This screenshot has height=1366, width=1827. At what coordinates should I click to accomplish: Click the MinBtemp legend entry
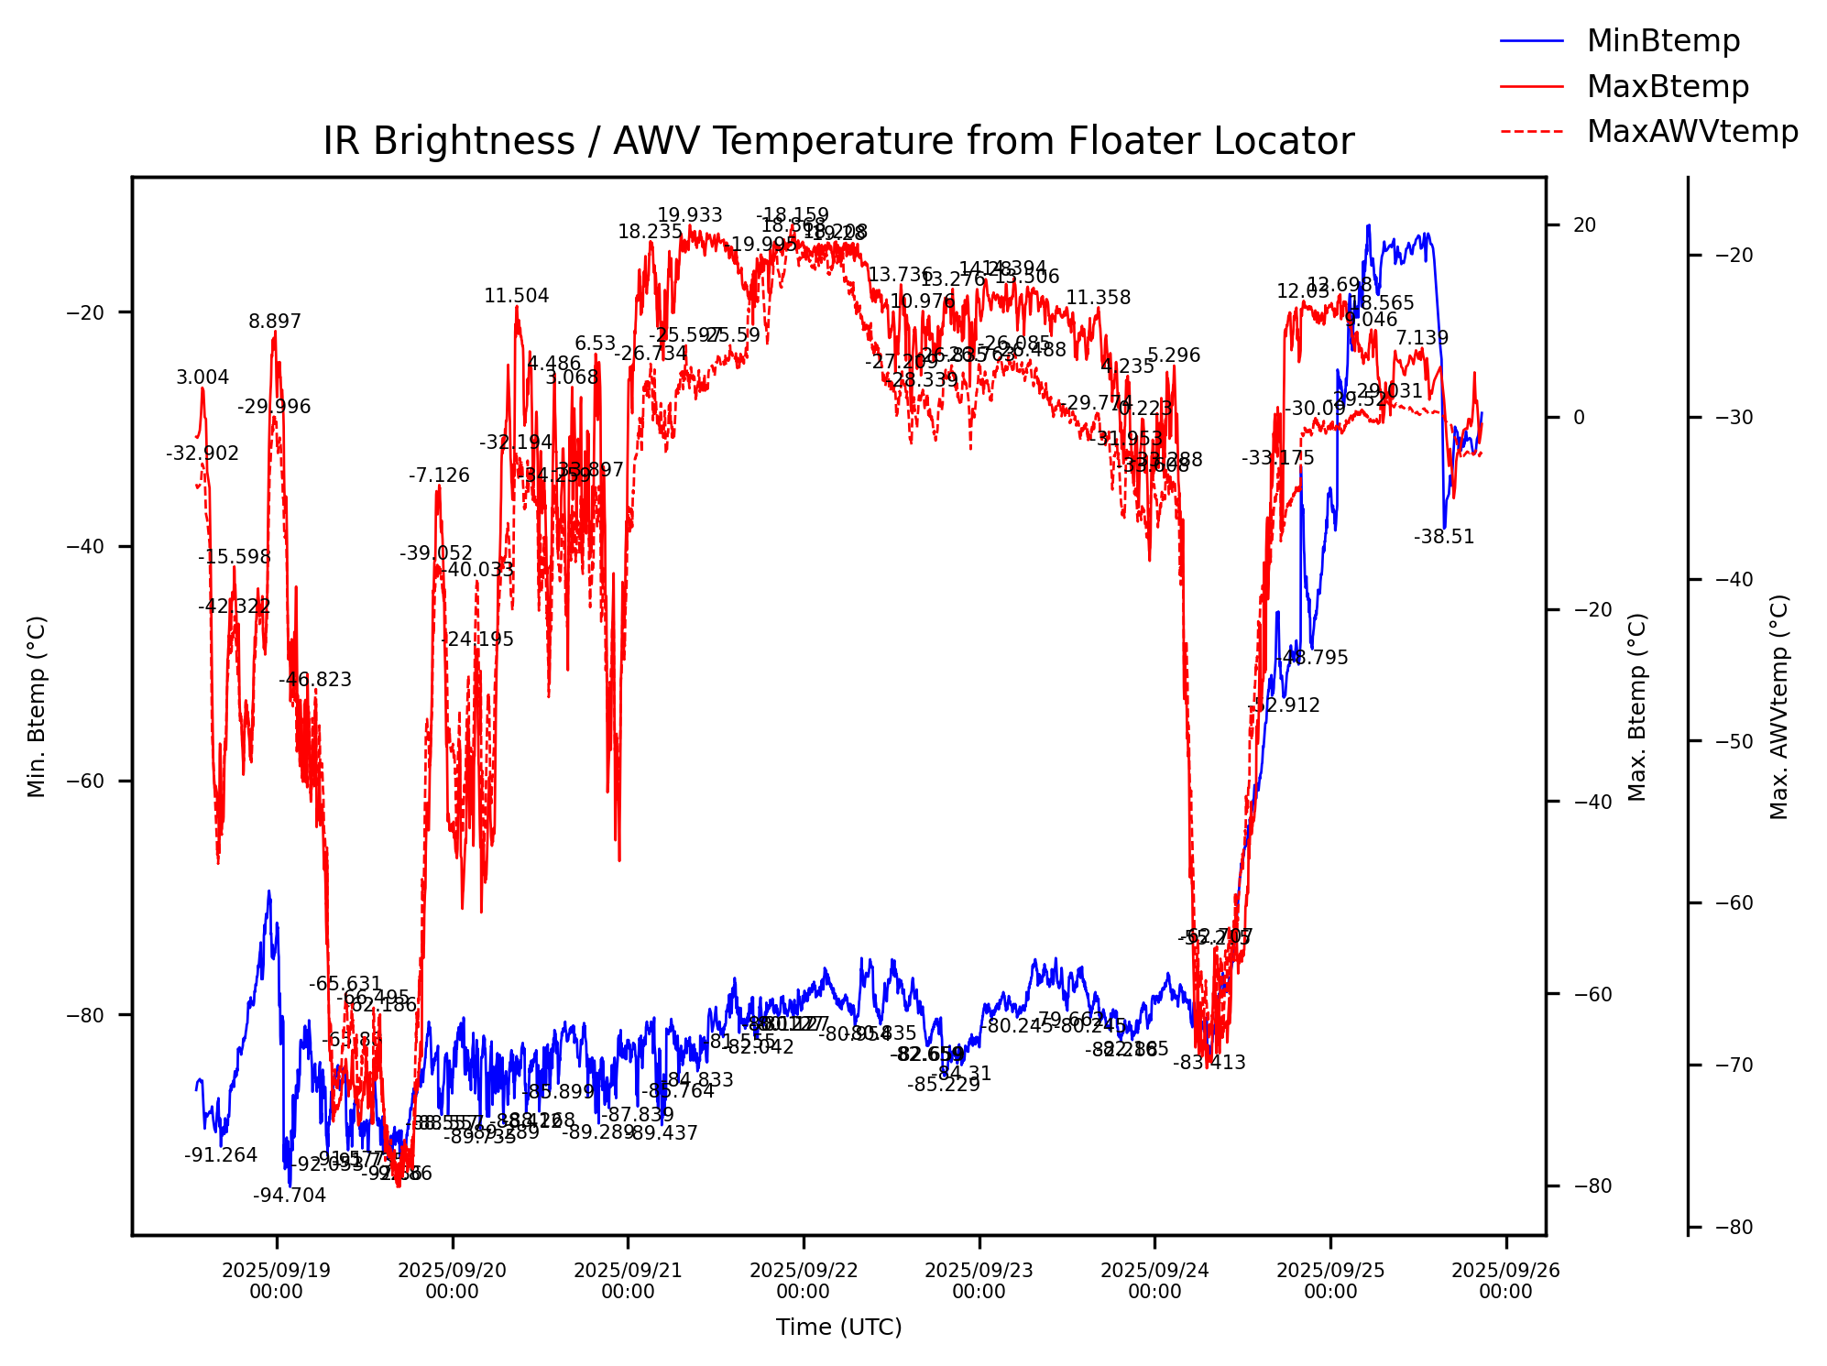[x=1662, y=41]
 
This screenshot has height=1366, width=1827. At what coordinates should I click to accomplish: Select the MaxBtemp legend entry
[x=1667, y=87]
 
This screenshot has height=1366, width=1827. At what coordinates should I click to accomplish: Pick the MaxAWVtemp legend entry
[x=1691, y=132]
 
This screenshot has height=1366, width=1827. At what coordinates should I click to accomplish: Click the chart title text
[x=838, y=142]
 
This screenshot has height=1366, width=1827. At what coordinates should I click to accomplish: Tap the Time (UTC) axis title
[x=838, y=1327]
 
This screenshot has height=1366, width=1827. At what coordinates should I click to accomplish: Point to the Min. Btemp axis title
[x=37, y=705]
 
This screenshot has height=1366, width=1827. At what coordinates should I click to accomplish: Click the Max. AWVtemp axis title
[x=1778, y=705]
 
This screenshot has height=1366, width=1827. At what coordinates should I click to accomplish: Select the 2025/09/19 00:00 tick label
[x=276, y=1281]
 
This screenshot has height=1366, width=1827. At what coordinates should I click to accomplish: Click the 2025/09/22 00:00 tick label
[x=804, y=1281]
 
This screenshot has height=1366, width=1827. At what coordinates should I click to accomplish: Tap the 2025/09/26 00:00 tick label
[x=1505, y=1281]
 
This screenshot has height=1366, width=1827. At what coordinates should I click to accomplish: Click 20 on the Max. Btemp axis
[x=1584, y=225]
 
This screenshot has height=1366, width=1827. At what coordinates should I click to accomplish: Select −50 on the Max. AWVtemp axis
[x=1734, y=741]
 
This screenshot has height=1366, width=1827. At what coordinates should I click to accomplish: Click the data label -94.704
[x=290, y=1196]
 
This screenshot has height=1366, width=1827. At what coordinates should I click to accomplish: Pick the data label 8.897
[x=275, y=322]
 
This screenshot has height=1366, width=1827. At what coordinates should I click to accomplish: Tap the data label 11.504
[x=517, y=297]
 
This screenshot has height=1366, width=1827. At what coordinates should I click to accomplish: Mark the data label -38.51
[x=1444, y=538]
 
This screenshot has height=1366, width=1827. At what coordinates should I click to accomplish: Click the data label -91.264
[x=221, y=1156]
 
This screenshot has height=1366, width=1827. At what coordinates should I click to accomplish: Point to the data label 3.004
[x=202, y=378]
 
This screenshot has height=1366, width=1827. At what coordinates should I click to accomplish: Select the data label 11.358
[x=1098, y=299]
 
